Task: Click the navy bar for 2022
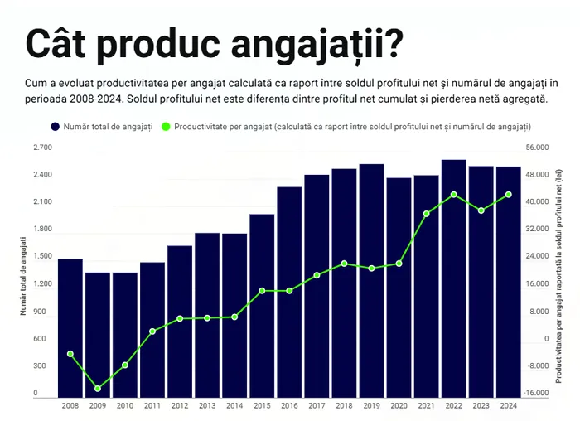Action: click(x=453, y=278)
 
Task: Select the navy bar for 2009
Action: click(x=98, y=335)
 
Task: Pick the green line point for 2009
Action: click(x=98, y=389)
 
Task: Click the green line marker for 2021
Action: click(x=426, y=214)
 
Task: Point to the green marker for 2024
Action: click(x=508, y=195)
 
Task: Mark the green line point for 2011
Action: click(x=152, y=331)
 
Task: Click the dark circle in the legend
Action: click(x=55, y=127)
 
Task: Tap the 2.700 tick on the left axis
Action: click(x=42, y=148)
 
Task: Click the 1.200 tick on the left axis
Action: click(x=42, y=284)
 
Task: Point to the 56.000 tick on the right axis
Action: click(x=537, y=148)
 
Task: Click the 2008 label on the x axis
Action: click(x=70, y=406)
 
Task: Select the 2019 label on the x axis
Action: click(x=371, y=406)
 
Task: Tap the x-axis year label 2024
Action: click(x=508, y=406)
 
